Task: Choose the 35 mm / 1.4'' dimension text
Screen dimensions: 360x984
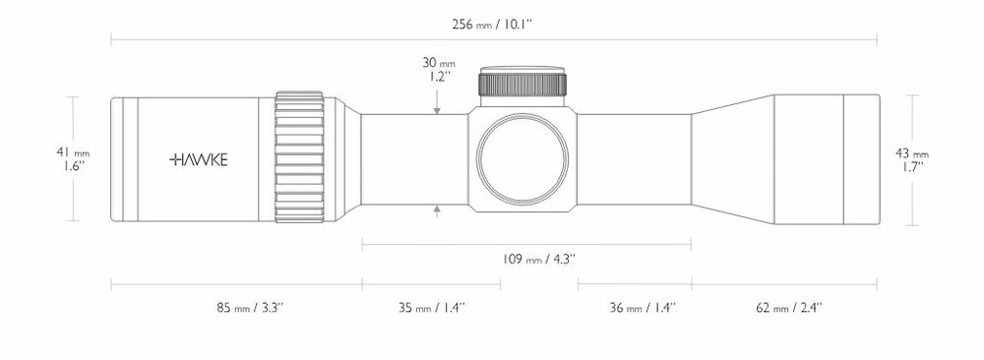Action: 432,308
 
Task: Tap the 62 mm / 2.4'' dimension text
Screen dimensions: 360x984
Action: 789,308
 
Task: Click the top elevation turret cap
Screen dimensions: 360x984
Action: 522,86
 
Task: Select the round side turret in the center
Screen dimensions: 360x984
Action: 522,158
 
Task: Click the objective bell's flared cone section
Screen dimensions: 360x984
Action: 733,158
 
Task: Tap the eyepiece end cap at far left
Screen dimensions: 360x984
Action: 117,158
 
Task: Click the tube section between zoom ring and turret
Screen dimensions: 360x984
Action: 413,158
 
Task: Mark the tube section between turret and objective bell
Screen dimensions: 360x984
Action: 635,158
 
